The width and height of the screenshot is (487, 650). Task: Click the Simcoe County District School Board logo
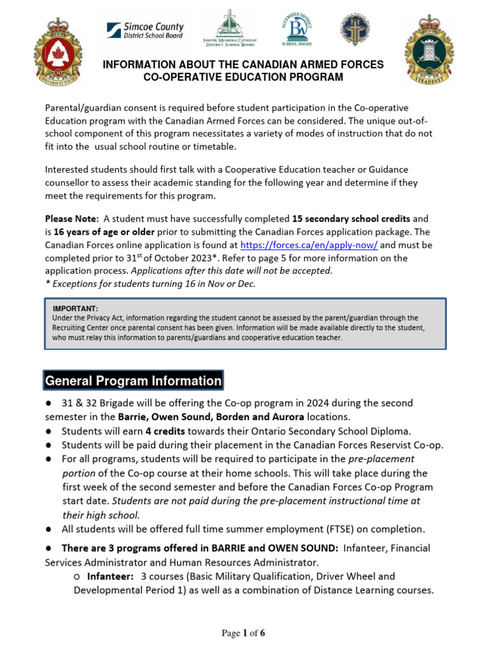(x=145, y=30)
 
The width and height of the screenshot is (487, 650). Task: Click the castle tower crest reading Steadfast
(x=429, y=50)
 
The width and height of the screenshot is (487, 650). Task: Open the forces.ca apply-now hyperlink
(x=309, y=245)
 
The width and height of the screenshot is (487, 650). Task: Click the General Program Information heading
(x=133, y=381)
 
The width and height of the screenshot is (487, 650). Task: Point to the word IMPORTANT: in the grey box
(x=75, y=308)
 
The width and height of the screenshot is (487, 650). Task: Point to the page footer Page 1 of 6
(x=243, y=633)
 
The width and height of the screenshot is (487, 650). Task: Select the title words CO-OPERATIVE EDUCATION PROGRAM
(x=244, y=77)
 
